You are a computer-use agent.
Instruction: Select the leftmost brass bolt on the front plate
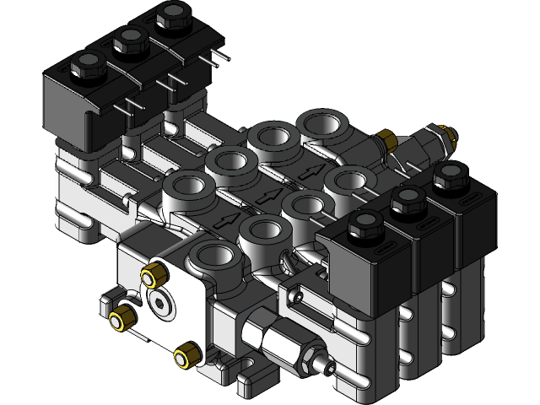[121, 318]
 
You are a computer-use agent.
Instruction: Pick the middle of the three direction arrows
[272, 197]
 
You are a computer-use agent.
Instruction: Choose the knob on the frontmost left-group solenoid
[86, 62]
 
